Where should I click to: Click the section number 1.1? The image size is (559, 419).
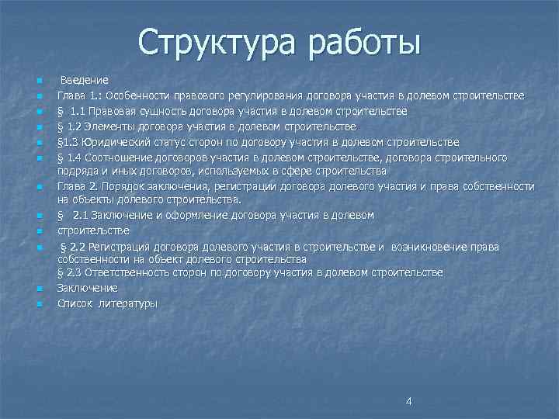(x=80, y=111)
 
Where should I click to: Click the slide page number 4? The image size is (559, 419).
(x=409, y=401)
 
